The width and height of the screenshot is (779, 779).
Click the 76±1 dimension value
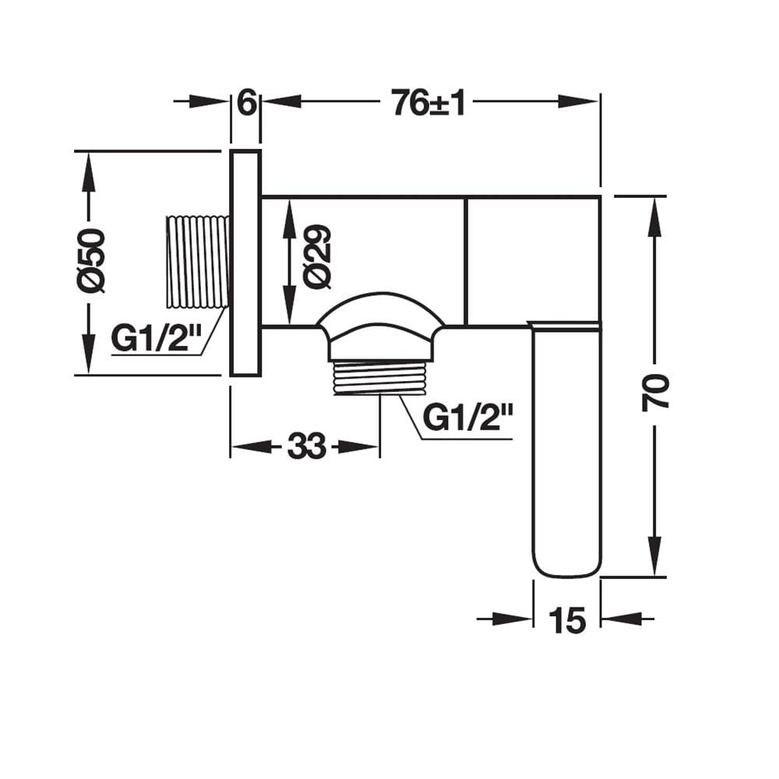pos(428,103)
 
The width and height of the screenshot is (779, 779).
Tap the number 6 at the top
pos(247,103)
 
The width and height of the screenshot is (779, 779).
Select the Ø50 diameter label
pos(91,260)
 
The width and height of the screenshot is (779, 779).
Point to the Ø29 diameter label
pos(318,257)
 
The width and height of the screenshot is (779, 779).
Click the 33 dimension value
pos(306,446)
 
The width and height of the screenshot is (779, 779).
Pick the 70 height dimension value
pos(656,393)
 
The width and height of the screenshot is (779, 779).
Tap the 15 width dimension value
pos(567,621)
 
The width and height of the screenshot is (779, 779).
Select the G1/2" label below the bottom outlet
pos(468,418)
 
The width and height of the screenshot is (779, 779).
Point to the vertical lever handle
pos(566,449)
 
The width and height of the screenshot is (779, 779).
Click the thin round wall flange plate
pos(245,263)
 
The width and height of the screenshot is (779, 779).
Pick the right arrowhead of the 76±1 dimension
pos(579,101)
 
